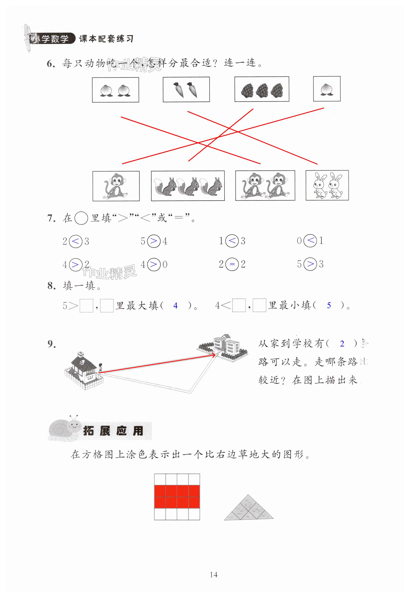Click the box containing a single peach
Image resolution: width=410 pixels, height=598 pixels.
click(327, 89)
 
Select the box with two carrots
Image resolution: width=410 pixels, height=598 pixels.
click(186, 90)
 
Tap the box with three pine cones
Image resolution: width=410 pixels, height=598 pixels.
click(262, 89)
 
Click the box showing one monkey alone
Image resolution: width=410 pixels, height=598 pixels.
click(116, 186)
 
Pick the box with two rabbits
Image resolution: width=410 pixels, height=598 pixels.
click(327, 185)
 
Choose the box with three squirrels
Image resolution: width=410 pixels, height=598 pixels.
click(188, 186)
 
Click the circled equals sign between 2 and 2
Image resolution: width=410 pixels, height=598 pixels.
click(232, 264)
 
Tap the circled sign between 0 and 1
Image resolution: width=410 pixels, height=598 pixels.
click(310, 241)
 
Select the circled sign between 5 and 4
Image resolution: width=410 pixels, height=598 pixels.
click(154, 241)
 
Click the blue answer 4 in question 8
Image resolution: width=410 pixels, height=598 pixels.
click(175, 306)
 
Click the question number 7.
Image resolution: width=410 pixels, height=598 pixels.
click(51, 218)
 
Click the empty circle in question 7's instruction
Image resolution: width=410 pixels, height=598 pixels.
click(81, 218)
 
